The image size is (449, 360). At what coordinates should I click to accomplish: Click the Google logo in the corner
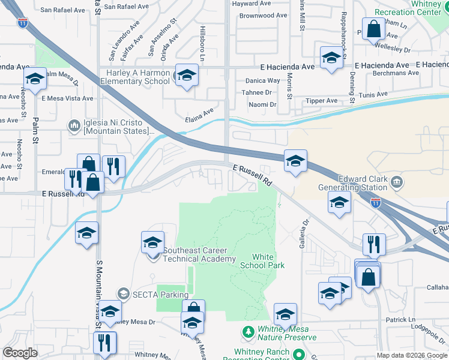20,353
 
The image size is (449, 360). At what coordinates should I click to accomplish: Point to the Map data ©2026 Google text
411,355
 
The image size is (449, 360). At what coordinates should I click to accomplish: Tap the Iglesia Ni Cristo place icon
74,125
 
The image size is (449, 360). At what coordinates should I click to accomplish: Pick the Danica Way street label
262,80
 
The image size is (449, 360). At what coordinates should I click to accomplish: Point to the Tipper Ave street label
323,101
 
